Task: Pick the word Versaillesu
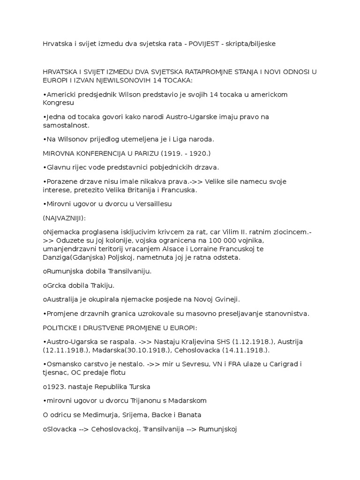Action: (x=139, y=203)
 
